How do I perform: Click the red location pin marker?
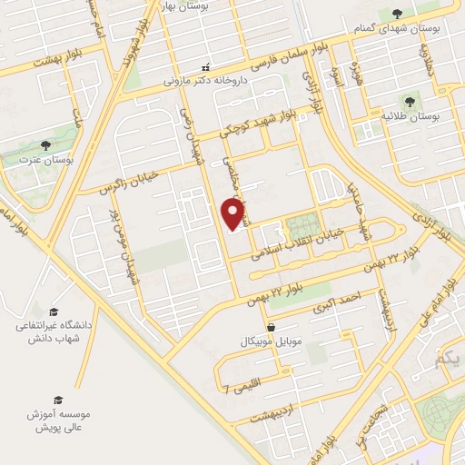point(233,214)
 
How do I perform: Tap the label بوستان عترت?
point(45,161)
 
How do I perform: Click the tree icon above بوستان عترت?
point(45,145)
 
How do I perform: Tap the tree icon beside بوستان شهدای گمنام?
point(398,14)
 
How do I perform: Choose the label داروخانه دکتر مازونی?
point(205,80)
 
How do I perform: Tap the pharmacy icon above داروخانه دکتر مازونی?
point(205,66)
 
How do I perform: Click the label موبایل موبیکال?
point(270,342)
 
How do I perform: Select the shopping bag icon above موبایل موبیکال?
point(270,327)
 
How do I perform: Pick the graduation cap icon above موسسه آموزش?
point(58,400)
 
